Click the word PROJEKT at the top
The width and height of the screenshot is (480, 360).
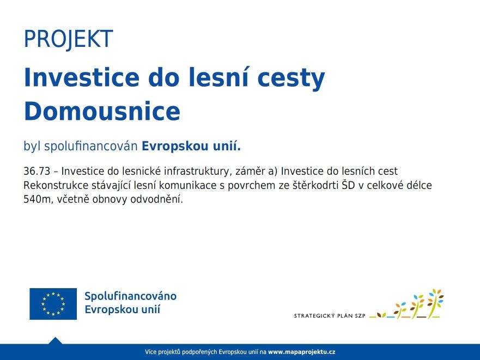[68, 39]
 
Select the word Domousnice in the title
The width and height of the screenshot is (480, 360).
[102, 111]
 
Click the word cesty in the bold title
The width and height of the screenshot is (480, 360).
[291, 78]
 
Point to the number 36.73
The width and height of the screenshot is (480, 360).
[37, 171]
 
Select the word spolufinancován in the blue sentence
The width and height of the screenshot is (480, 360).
[91, 147]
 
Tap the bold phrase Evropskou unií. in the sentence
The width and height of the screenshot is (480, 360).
[191, 146]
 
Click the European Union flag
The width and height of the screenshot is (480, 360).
[53, 304]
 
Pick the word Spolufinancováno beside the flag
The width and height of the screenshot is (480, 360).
[130, 296]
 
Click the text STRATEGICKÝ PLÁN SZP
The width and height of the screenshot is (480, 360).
[330, 316]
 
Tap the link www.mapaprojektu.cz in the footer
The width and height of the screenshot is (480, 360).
[301, 352]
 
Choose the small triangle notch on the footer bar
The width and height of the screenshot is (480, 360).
[55, 340]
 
